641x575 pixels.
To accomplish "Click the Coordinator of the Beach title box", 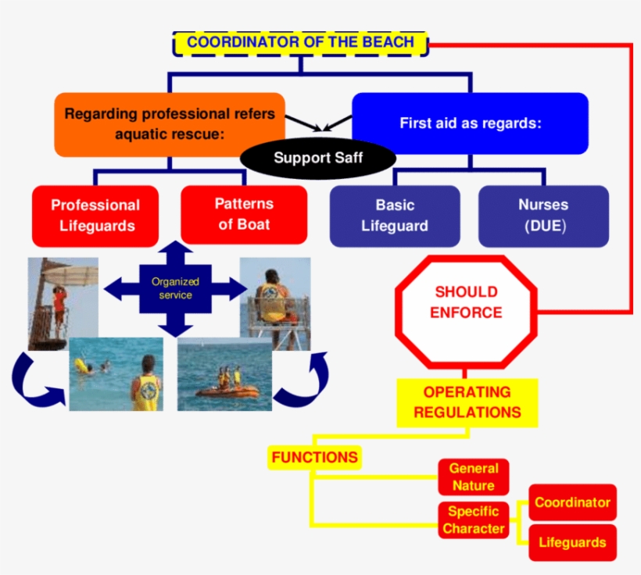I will [300, 43].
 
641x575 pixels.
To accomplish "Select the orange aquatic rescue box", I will [169, 124].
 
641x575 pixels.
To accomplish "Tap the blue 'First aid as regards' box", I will [470, 123].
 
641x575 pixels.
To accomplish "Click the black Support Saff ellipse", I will [317, 159].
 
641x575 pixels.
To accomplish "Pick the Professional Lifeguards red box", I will [95, 216].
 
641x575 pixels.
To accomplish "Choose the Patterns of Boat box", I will [244, 214].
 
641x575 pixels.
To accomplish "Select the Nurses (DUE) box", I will [543, 216].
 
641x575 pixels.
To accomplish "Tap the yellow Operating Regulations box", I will [467, 402].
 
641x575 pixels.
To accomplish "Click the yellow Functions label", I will [314, 457].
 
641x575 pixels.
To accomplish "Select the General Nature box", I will [474, 477].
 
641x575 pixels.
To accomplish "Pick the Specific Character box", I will [474, 520].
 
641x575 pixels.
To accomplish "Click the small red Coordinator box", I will [572, 502].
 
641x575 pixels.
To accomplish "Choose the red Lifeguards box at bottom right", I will [572, 542].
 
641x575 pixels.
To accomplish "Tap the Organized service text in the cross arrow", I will [175, 288].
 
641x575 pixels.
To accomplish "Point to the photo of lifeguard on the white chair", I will [275, 301].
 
